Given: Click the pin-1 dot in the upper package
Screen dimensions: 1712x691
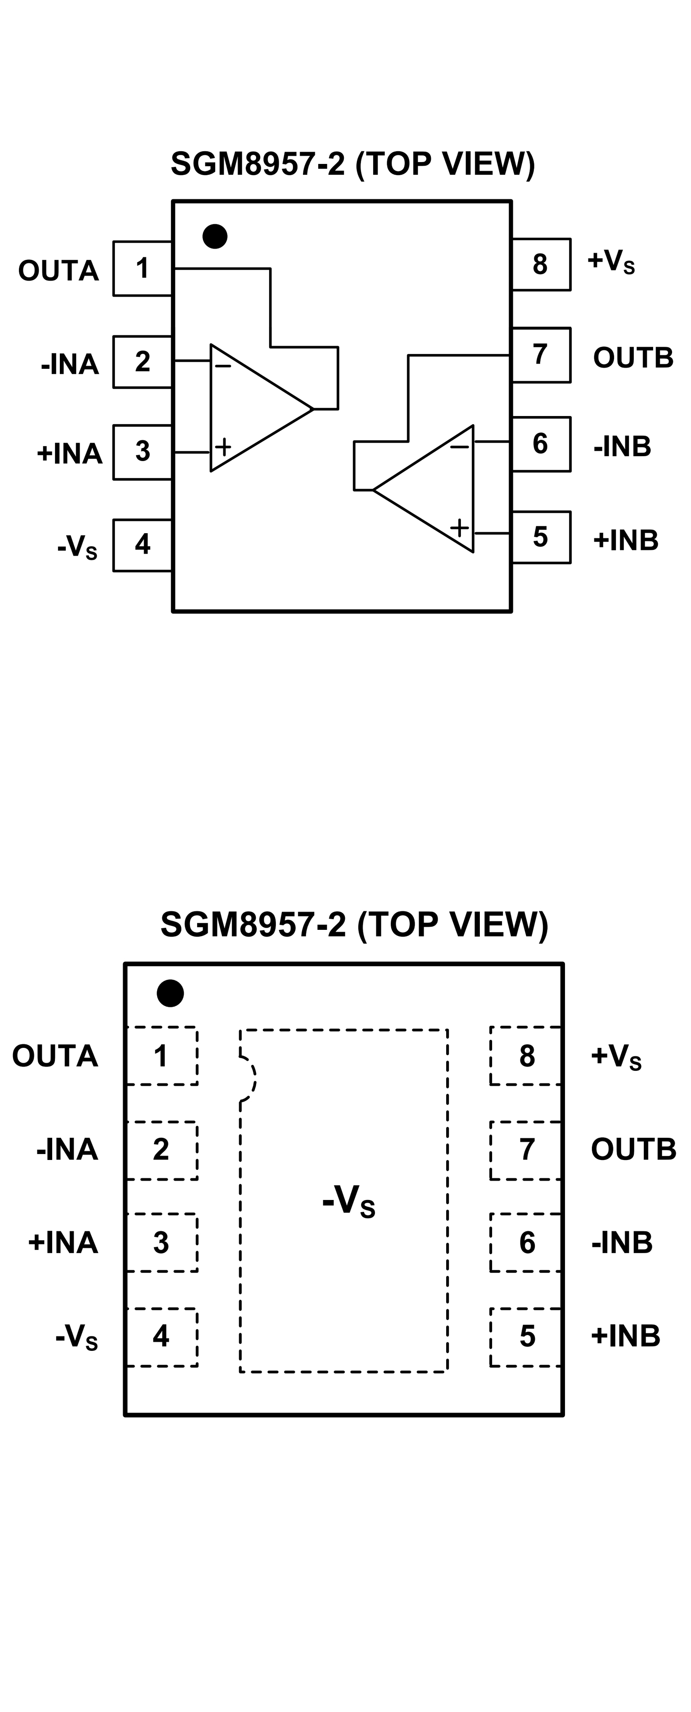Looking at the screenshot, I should (215, 236).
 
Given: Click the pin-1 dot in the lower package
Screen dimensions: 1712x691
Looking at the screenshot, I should (170, 993).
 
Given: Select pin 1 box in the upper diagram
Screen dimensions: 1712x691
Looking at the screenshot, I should (142, 268).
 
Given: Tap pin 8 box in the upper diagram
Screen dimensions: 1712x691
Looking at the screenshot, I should (540, 264).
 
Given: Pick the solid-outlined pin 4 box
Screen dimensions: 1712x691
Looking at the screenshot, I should (142, 545).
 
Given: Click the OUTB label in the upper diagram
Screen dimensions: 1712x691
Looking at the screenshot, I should (632, 358).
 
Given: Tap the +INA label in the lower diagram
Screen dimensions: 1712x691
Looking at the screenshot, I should (63, 1242).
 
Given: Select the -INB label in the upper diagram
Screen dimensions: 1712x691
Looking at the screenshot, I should (622, 447).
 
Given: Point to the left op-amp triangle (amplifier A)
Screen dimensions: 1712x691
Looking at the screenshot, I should (253, 408).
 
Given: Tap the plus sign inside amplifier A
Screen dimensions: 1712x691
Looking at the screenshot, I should (223, 446).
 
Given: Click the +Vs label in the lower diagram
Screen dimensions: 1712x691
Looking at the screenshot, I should (616, 1055).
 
